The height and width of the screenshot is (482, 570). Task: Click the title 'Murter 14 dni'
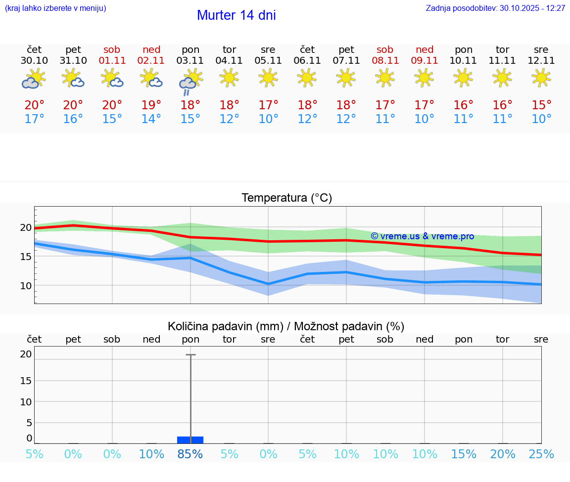tap(236, 15)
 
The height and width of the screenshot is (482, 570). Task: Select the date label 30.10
tap(34, 61)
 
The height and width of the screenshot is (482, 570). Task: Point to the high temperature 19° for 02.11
tap(151, 105)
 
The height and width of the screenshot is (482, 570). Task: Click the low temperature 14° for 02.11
tap(151, 119)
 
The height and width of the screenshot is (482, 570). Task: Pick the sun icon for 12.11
tap(541, 78)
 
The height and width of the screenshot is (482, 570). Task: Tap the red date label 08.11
tap(385, 61)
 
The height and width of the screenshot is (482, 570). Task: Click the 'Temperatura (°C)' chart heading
tap(286, 198)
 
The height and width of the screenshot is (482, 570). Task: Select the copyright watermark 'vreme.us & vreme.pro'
tap(422, 236)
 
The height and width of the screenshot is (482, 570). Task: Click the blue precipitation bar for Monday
tap(190, 440)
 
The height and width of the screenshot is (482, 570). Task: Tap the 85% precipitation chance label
tap(190, 454)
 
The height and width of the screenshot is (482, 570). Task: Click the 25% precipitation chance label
tap(541, 454)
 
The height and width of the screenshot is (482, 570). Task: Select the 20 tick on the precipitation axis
tap(26, 354)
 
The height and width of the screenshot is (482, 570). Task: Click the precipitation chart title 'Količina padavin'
tap(225, 326)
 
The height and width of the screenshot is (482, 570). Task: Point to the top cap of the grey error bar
tap(190, 355)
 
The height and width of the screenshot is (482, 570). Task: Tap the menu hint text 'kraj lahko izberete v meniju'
tap(55, 8)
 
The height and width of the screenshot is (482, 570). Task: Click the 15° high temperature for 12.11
tap(541, 105)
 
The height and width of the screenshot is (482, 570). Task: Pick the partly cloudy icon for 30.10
tap(34, 79)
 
